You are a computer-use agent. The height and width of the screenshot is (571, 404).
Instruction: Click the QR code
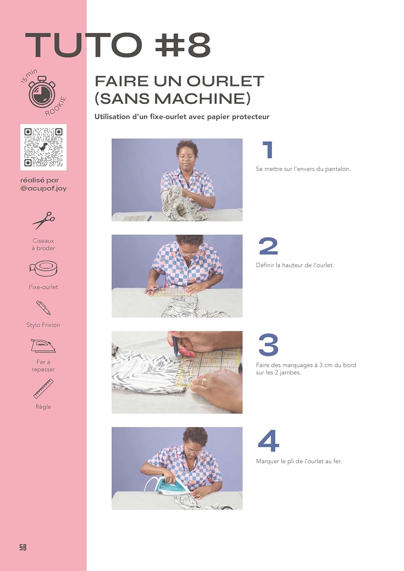coord(43,147)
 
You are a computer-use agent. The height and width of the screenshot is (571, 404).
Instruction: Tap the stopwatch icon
coord(42,91)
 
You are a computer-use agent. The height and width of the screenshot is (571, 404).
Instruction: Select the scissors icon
coord(43,220)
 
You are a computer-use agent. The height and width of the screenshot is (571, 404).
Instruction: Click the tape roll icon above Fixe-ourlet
coord(43,268)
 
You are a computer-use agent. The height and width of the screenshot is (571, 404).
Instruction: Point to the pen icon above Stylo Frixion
coord(43,308)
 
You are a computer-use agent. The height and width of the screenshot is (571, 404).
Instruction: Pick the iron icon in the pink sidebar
coord(43,346)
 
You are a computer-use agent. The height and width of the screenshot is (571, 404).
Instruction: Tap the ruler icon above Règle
coord(43,389)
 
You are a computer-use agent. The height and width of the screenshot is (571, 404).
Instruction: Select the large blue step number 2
coord(268,246)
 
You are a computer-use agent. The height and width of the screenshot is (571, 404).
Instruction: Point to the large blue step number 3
coord(268,345)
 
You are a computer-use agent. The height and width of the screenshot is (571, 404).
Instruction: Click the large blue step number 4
coord(268,441)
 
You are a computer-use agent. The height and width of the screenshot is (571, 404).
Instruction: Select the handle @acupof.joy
coord(43,189)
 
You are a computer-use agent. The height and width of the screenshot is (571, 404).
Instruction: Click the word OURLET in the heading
coord(225,81)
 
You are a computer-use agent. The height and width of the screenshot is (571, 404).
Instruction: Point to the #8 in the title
coord(183,45)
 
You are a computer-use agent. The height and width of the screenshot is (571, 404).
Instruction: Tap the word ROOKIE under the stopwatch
coord(56,106)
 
